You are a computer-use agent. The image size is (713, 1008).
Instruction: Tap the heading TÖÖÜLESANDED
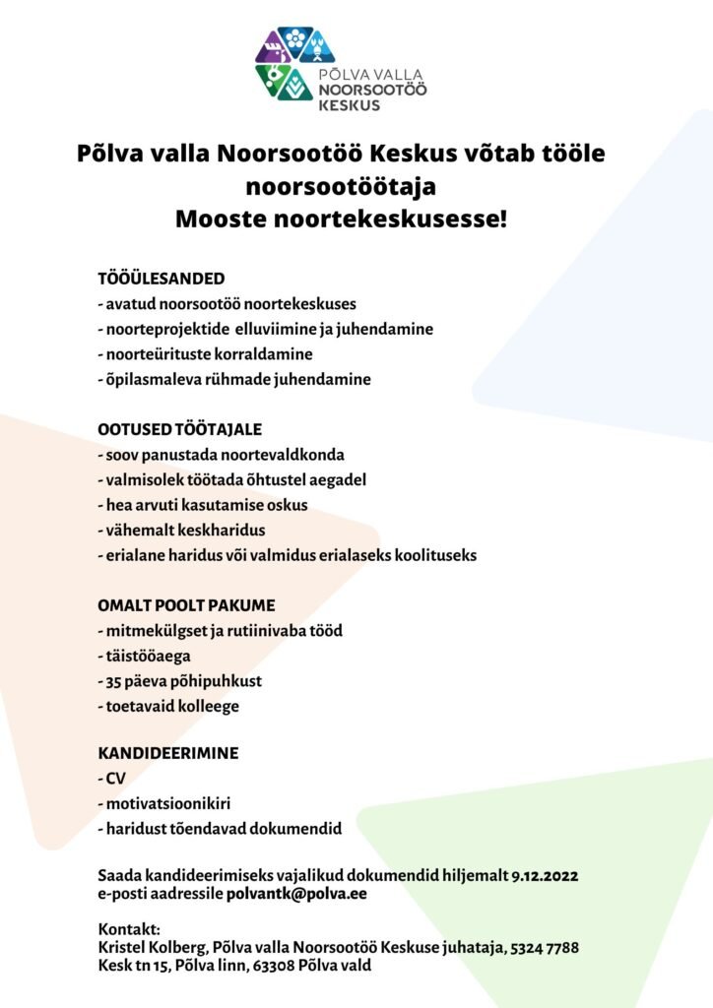tap(162, 278)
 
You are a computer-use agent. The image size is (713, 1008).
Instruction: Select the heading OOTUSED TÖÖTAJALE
tap(179, 429)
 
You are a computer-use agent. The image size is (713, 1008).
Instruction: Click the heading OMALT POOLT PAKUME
tap(186, 604)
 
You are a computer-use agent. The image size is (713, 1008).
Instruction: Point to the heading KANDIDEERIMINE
tap(167, 753)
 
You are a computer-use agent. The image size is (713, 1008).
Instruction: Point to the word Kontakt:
tap(129, 928)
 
